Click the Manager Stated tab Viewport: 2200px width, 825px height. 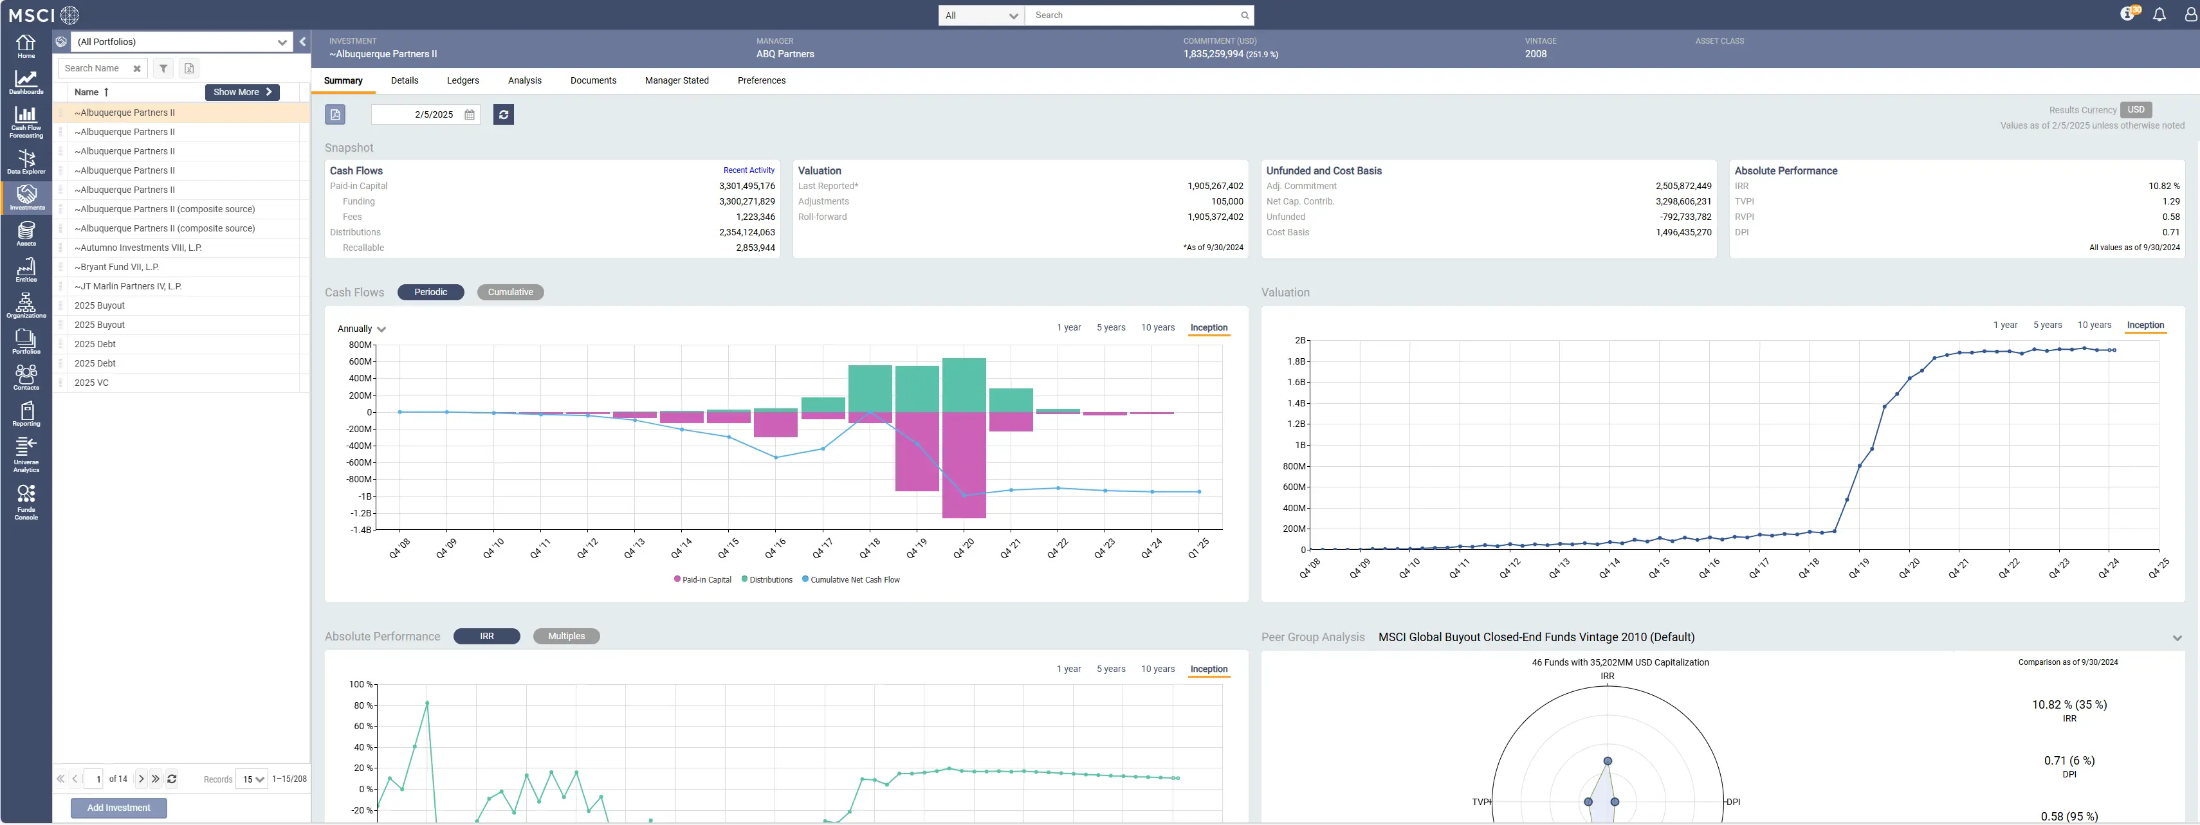(x=676, y=80)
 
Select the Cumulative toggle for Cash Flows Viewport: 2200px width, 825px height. (x=510, y=292)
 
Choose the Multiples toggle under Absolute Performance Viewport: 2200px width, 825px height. (x=566, y=636)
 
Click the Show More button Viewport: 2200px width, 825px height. (x=243, y=92)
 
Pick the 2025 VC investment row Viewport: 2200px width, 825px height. (x=91, y=383)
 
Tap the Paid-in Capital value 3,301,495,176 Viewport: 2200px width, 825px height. (x=746, y=186)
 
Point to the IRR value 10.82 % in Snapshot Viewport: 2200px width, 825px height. (x=2163, y=186)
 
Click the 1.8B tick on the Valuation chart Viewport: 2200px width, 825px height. (x=1296, y=361)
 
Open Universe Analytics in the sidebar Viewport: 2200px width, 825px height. (x=26, y=455)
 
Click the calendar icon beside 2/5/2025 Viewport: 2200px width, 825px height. (x=470, y=114)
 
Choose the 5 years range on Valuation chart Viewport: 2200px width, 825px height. (x=2047, y=325)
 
